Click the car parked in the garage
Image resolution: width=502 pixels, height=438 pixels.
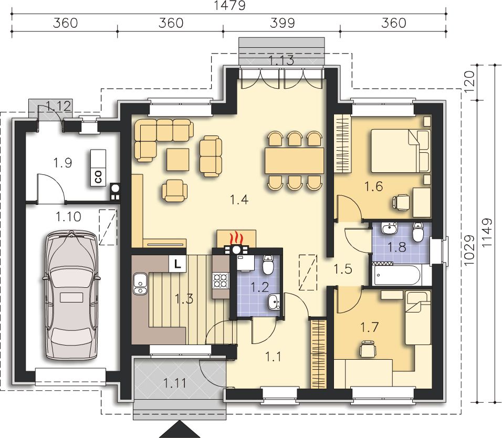pos(70,295)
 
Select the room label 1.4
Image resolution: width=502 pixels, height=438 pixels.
pos(239,200)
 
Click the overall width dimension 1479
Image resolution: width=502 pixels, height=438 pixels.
pos(230,5)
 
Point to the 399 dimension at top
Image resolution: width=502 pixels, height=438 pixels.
pos(282,23)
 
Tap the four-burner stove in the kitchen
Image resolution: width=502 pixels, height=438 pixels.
pos(221,280)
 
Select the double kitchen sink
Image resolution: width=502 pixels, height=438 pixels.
pos(140,284)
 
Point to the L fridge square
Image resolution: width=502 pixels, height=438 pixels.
pos(177,264)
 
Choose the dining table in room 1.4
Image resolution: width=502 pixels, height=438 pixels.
pos(294,161)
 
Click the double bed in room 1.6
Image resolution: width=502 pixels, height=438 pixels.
pos(401,150)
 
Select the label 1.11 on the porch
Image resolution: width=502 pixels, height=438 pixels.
pos(175,383)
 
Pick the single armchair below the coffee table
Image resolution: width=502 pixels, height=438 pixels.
pos(174,191)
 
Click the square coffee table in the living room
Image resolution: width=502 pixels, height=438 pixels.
pos(177,159)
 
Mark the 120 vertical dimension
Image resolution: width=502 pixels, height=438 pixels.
pos(469,82)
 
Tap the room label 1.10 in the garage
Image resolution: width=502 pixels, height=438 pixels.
pos(68,217)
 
